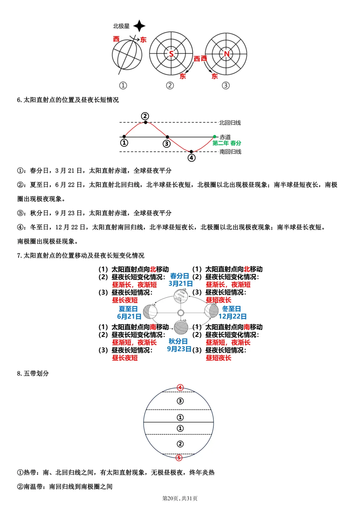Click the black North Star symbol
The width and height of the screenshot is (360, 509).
(139, 26)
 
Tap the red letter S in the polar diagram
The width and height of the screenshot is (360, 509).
(171, 54)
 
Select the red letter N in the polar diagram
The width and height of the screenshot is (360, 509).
(227, 54)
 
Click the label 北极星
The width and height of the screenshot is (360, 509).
(121, 26)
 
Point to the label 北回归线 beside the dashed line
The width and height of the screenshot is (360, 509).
(230, 123)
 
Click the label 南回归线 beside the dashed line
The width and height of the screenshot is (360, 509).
(230, 152)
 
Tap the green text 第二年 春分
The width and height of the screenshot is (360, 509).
(227, 143)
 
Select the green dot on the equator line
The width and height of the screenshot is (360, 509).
(214, 137)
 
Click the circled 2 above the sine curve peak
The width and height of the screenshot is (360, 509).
(145, 116)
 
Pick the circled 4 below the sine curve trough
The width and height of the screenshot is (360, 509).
(191, 158)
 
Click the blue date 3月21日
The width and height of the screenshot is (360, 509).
(181, 284)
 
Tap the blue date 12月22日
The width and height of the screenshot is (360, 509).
(233, 316)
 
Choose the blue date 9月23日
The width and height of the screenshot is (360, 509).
(179, 349)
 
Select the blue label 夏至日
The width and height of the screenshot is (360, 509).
(128, 309)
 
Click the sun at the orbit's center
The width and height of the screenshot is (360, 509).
(181, 313)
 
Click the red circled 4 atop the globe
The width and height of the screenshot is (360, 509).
(180, 387)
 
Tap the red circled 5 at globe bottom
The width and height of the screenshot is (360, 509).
(179, 458)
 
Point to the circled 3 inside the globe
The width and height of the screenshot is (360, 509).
(180, 401)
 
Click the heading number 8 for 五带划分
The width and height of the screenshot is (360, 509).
(19, 373)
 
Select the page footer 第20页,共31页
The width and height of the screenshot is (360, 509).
(180, 498)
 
